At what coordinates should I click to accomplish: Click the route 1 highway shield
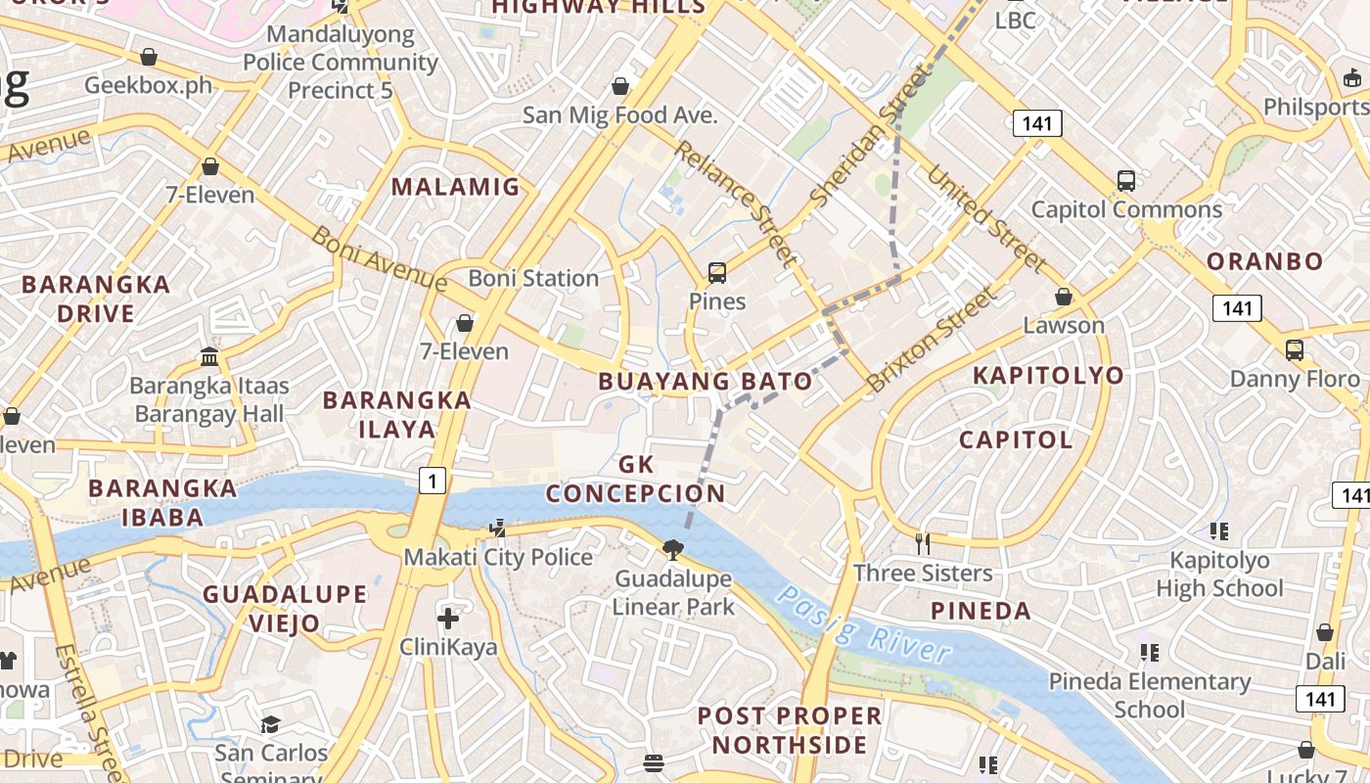pos(433,480)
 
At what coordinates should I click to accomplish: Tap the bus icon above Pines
pos(717,272)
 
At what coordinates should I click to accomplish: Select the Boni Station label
pos(533,278)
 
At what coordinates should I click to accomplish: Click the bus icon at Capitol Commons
pos(1126,181)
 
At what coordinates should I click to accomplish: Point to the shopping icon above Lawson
pos(1064,297)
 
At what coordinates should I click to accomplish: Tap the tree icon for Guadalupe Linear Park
pos(672,550)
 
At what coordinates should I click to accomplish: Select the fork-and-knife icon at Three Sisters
pos(923,543)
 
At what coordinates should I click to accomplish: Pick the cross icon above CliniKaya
pos(448,619)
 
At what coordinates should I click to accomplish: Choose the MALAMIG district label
pos(455,187)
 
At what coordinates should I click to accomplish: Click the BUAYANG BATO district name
pos(706,382)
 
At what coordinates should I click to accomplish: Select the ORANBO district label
pos(1264,261)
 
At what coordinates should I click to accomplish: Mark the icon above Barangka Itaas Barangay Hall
pos(208,355)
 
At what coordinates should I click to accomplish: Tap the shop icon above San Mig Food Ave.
pos(619,86)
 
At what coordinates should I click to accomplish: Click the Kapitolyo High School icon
pos(1218,531)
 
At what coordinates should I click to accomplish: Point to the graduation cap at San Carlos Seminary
pos(270,724)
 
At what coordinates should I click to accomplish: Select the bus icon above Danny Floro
pos(1295,349)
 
